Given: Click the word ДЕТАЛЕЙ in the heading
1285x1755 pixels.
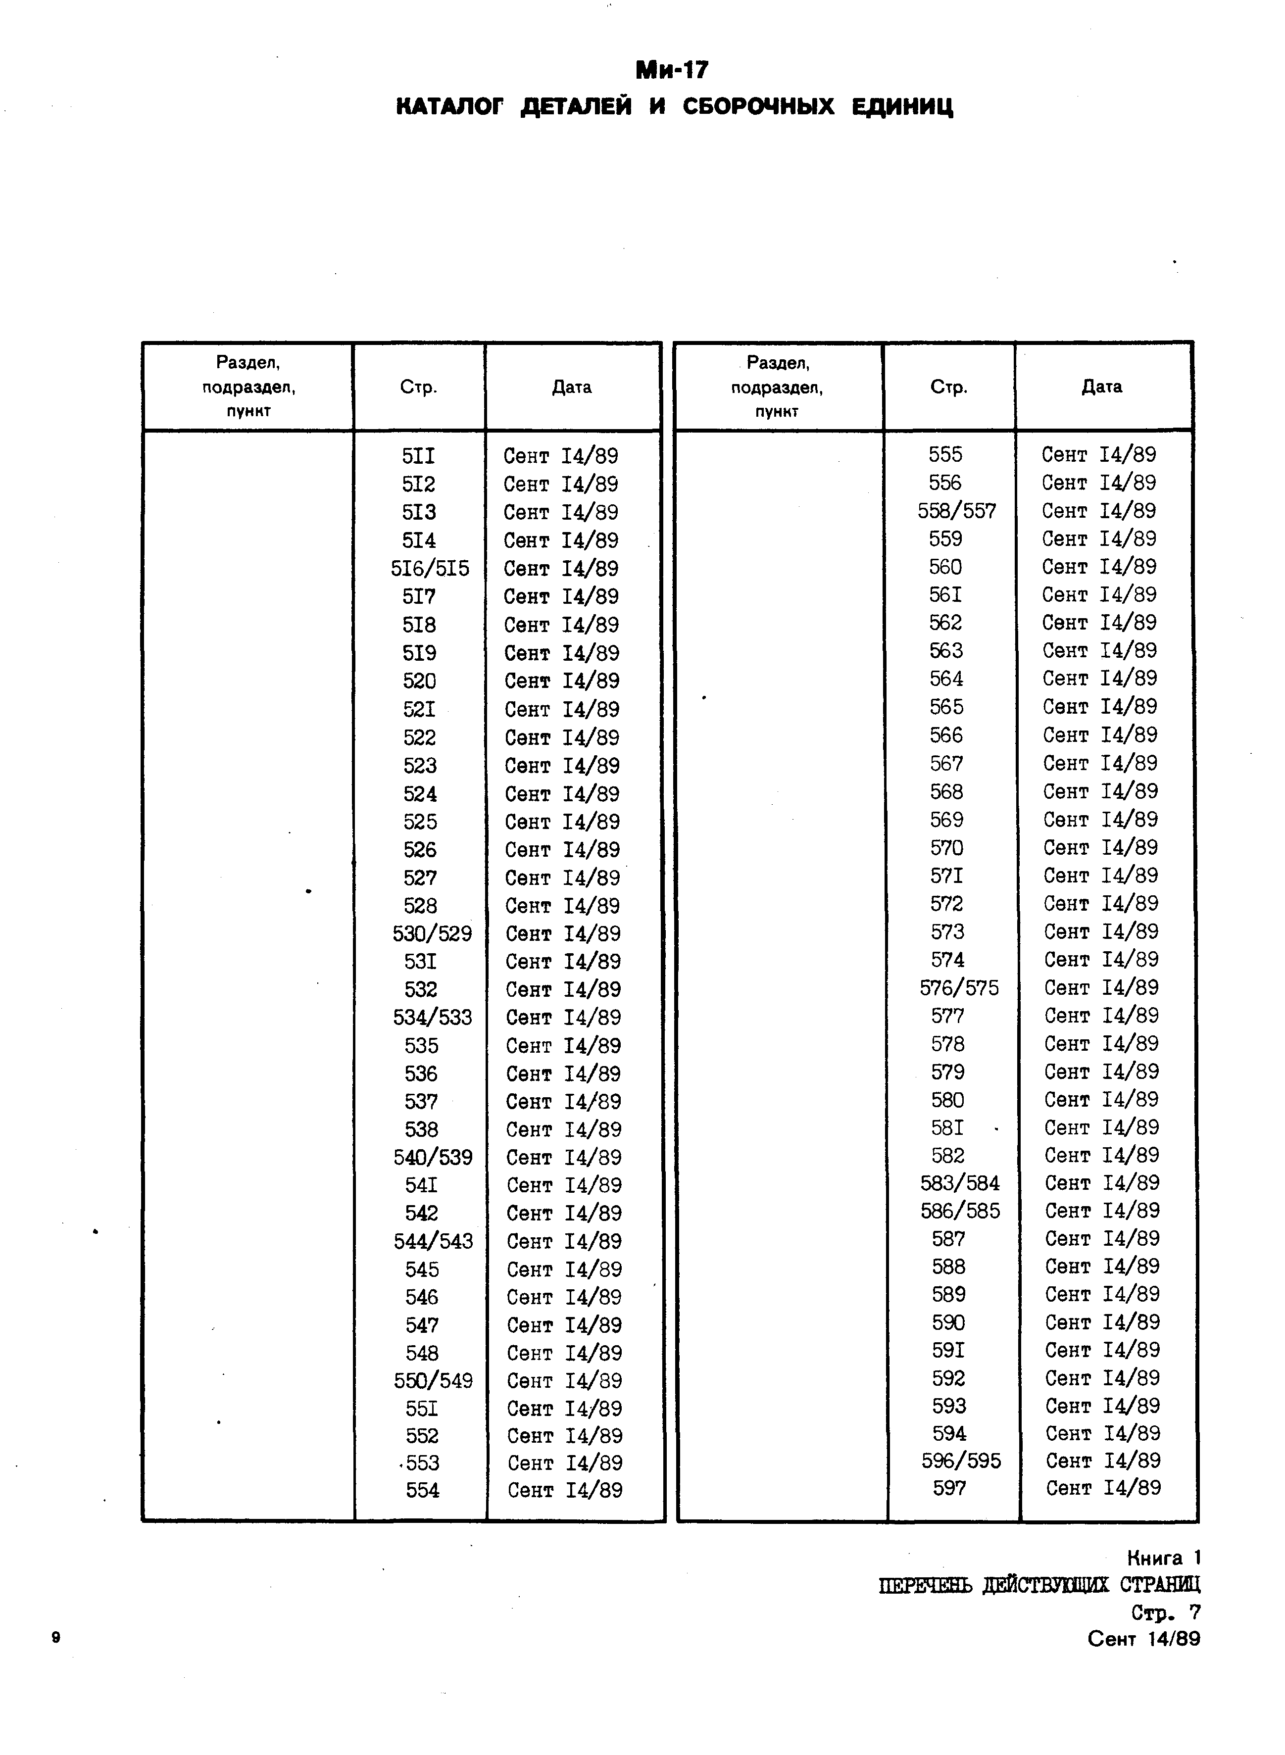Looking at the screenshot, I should (576, 106).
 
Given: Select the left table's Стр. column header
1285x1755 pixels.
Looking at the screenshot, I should (418, 387).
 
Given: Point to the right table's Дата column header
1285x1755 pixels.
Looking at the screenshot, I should (1101, 387).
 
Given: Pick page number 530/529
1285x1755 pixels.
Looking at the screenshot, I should (432, 934).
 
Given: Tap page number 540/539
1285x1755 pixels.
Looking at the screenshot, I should (433, 1158).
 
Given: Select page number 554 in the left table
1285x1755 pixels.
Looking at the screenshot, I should (422, 1491).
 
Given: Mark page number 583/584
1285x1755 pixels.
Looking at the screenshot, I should (960, 1183).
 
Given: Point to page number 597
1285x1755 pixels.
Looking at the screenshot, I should (949, 1488).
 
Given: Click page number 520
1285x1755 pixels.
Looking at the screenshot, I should (419, 681).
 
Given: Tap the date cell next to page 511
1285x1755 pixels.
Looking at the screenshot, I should (561, 456).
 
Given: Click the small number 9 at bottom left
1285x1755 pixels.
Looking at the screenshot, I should (55, 1638).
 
